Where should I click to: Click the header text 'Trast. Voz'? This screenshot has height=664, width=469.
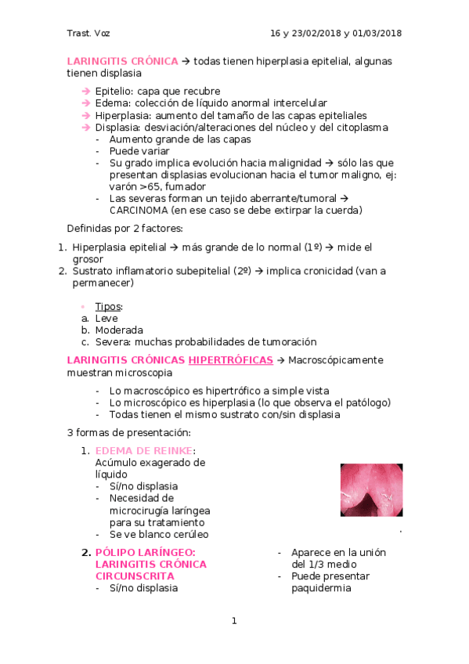88,33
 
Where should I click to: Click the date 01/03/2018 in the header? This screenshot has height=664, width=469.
374,33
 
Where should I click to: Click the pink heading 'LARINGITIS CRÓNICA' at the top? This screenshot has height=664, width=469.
122,61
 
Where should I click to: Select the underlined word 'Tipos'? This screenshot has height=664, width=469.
108,306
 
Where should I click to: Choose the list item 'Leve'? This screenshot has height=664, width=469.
106,318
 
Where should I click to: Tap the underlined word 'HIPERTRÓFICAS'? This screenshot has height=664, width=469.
230,360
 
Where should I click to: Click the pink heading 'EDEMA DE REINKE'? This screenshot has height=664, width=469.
143,450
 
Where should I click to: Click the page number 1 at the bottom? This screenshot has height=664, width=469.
233,622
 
